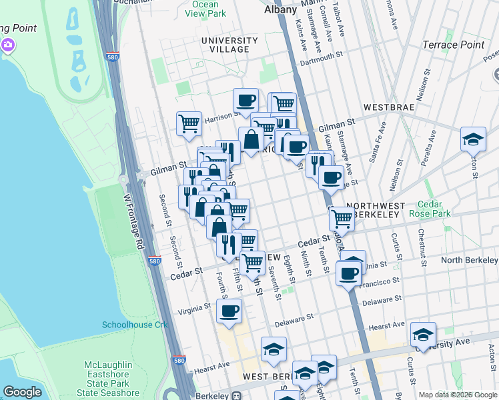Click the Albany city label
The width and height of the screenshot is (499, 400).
tap(280, 9)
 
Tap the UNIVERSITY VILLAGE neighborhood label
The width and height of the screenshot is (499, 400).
tap(229, 45)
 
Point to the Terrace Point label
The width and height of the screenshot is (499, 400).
tap(453, 45)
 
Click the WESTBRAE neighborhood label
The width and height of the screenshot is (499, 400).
tap(389, 107)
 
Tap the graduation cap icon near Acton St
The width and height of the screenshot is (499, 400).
tap(473, 139)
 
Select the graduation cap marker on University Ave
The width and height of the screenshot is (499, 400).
tap(423, 333)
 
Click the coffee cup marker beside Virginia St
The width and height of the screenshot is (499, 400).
tap(229, 310)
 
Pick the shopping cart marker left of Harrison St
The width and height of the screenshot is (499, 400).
tap(189, 123)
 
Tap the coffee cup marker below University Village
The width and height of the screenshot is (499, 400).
tap(245, 100)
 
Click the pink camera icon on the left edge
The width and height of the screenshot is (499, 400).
tap(8, 45)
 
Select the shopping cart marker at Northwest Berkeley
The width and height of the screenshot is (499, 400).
tap(342, 217)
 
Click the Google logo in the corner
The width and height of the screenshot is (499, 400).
tap(23, 392)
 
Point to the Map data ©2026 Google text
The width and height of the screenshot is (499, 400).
tap(458, 395)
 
